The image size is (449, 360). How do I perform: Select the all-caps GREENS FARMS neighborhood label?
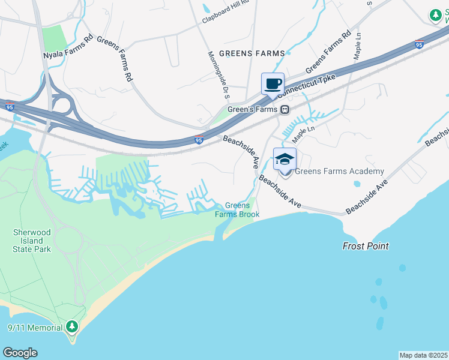(252, 53)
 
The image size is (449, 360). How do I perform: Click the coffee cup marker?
(273, 84)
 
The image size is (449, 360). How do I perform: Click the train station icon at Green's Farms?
(285, 109)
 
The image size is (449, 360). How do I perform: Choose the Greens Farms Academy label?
(339, 171)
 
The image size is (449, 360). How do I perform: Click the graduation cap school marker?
(285, 159)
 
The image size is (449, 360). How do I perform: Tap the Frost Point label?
(366, 246)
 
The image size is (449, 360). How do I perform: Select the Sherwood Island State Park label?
(32, 240)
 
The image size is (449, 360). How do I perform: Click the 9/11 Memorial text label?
(35, 328)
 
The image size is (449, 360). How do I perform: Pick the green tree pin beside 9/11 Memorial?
(73, 327)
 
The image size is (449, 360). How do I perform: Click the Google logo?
(20, 353)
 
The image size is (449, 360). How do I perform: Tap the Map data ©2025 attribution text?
(424, 355)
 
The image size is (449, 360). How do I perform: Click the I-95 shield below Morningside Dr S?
(199, 139)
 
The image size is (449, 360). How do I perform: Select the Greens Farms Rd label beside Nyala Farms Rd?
(114, 59)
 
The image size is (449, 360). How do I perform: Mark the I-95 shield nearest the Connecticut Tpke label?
(419, 44)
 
